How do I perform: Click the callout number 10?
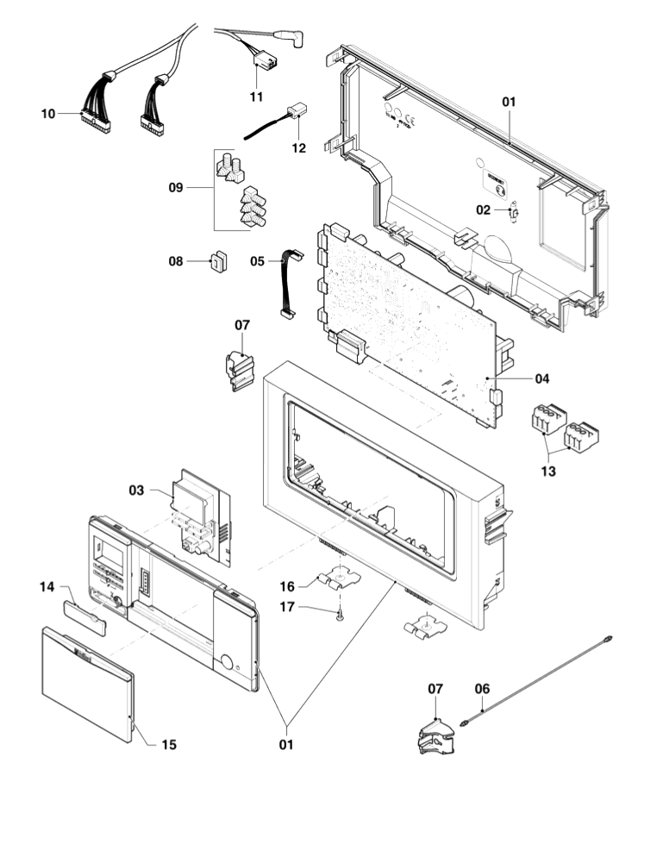[x=48, y=113]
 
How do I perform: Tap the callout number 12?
[x=298, y=147]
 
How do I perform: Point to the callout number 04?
[x=541, y=378]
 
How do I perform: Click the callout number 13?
[x=548, y=471]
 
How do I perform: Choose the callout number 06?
[x=482, y=688]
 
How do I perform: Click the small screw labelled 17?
[x=341, y=613]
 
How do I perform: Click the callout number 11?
[x=256, y=97]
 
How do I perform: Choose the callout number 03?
[x=137, y=490]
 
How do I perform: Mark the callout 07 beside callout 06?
[x=436, y=688]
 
